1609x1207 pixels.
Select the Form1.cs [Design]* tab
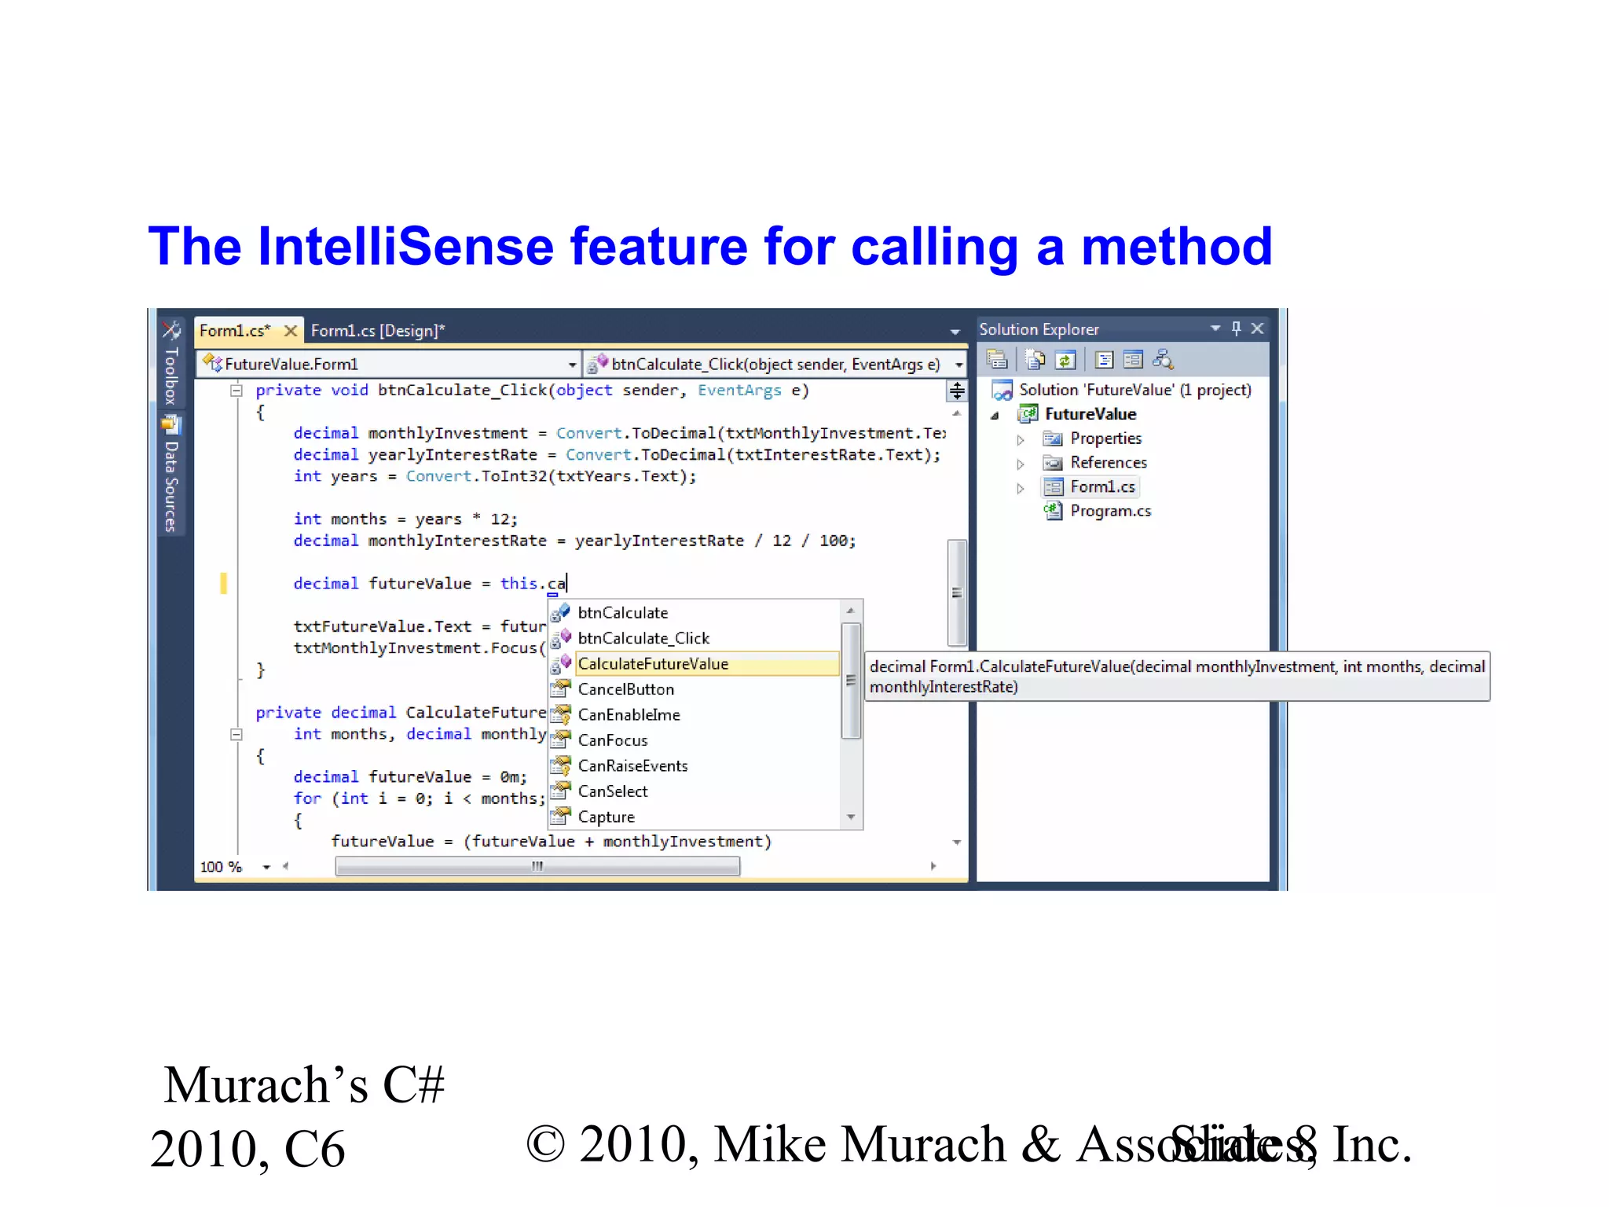[377, 331]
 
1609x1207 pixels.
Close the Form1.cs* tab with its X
[291, 331]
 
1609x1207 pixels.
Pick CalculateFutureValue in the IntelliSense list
[653, 664]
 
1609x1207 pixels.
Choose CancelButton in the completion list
[625, 689]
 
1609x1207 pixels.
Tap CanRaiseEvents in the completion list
[632, 765]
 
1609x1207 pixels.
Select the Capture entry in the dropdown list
[606, 816]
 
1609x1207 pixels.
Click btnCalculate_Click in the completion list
[643, 638]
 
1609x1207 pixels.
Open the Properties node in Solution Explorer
[1105, 438]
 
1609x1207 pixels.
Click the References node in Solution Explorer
[1108, 463]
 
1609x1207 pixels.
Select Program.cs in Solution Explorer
[1110, 511]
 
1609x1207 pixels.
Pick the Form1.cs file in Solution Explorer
[1101, 487]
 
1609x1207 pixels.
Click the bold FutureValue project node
[1090, 414]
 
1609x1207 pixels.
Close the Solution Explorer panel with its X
[1257, 328]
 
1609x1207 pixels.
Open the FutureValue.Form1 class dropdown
[571, 365]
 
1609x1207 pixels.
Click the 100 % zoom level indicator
[221, 867]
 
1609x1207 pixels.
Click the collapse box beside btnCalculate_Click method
[236, 391]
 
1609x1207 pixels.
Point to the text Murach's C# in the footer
[304, 1085]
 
